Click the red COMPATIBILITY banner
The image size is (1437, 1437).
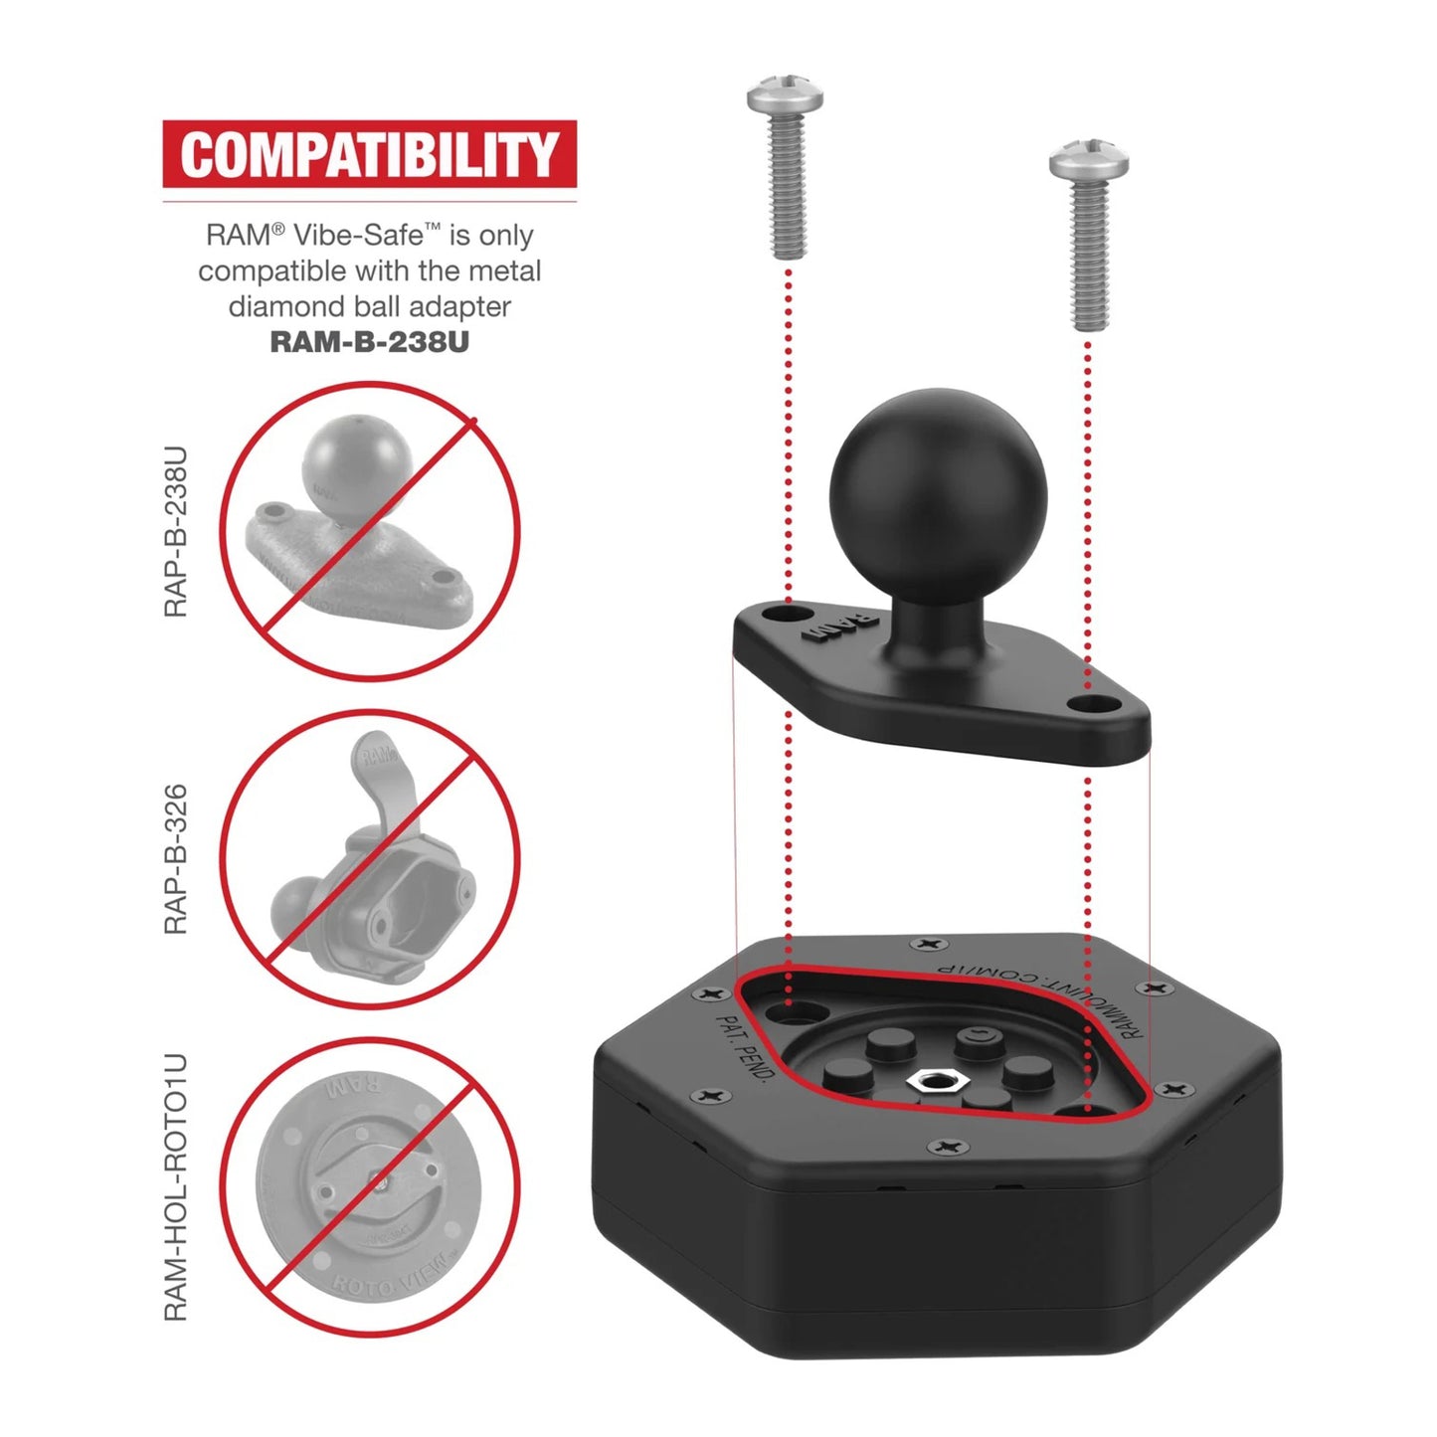(x=369, y=154)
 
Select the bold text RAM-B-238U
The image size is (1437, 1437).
(x=369, y=342)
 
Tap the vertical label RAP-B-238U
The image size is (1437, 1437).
(x=176, y=532)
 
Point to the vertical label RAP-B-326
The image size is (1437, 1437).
(x=176, y=859)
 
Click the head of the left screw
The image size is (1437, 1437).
(x=785, y=97)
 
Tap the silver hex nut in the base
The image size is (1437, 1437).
(x=932, y=1080)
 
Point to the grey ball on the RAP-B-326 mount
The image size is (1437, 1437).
(x=294, y=904)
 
